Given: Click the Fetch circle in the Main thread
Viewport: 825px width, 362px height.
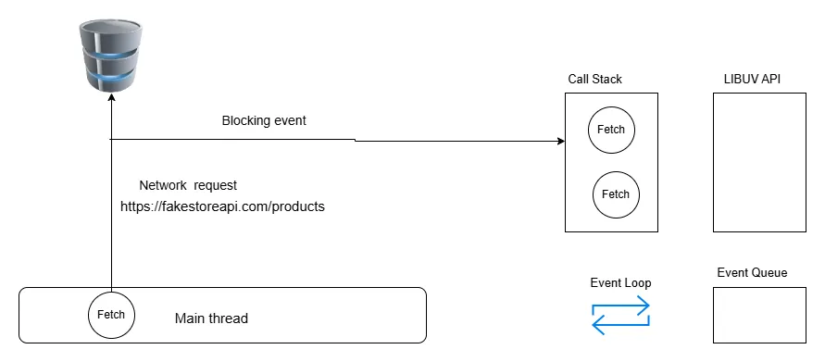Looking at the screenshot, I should pos(111,316).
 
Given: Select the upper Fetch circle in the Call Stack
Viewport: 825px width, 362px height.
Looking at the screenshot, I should pos(611,129).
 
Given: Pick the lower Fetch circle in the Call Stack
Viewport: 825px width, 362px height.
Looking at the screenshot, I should pos(616,193).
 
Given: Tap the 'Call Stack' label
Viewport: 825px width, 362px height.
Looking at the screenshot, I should pos(594,80).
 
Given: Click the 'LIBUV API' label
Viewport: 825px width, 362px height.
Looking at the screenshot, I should pos(752,80).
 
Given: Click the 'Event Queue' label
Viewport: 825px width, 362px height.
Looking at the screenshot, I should pos(752,272).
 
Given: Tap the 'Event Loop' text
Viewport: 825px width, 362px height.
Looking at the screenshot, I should pos(620,283).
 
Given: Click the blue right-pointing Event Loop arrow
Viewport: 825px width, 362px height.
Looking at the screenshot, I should pos(621,306).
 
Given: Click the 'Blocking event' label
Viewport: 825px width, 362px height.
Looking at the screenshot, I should pos(264,120).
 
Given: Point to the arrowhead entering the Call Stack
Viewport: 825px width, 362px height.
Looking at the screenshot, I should pos(560,142).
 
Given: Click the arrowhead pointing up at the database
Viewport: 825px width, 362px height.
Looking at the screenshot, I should pos(111,98).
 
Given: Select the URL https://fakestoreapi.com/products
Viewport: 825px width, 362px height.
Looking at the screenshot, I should pos(222,206).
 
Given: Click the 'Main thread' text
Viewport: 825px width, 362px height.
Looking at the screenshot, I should pos(211,318).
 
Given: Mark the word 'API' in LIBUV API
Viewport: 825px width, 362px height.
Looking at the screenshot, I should pos(769,80).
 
